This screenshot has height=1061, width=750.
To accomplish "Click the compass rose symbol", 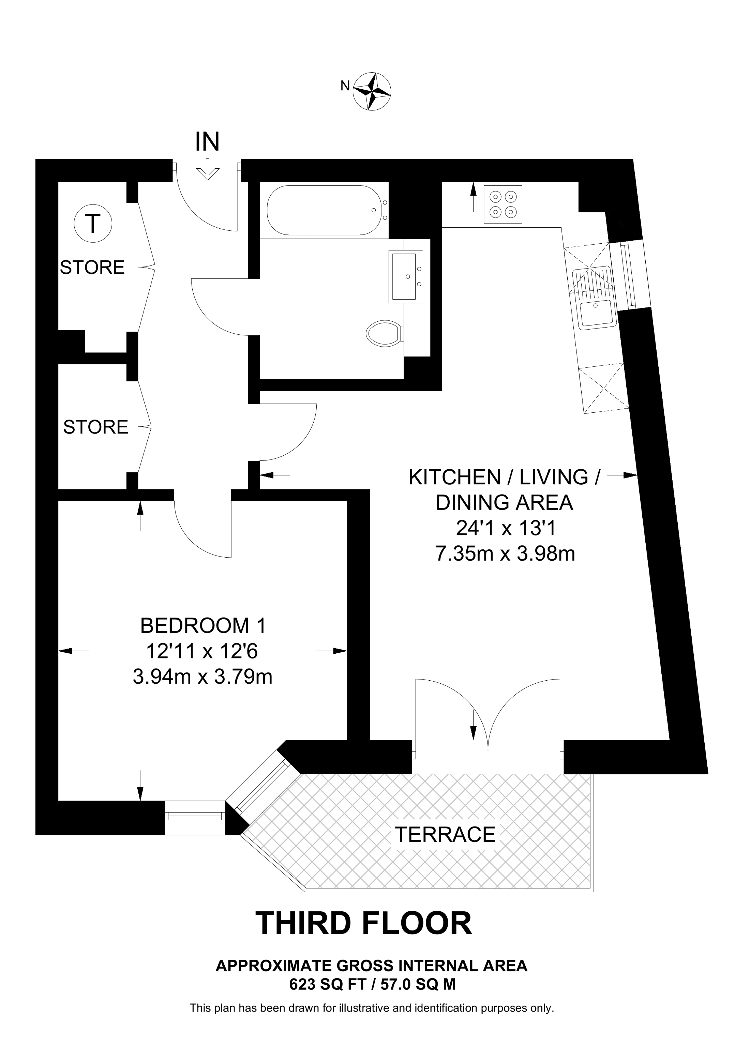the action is coord(372,91).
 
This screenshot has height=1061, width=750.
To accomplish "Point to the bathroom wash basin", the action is coord(406,276).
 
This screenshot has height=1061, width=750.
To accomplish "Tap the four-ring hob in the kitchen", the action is coord(503,205).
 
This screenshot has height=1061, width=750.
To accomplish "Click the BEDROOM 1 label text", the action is coord(203,626).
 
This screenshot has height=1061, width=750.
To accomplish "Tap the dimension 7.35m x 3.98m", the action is coord(505,554).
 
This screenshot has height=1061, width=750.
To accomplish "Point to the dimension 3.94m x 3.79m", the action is coord(202,677).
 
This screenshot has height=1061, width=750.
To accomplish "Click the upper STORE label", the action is coord(92,268).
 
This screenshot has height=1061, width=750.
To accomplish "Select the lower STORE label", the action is coord(96,427).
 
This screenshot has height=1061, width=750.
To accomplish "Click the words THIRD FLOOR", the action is coord(364,923).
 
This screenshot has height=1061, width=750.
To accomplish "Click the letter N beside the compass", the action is coord(345,86).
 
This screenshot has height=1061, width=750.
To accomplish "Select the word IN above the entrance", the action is coord(207,141).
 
